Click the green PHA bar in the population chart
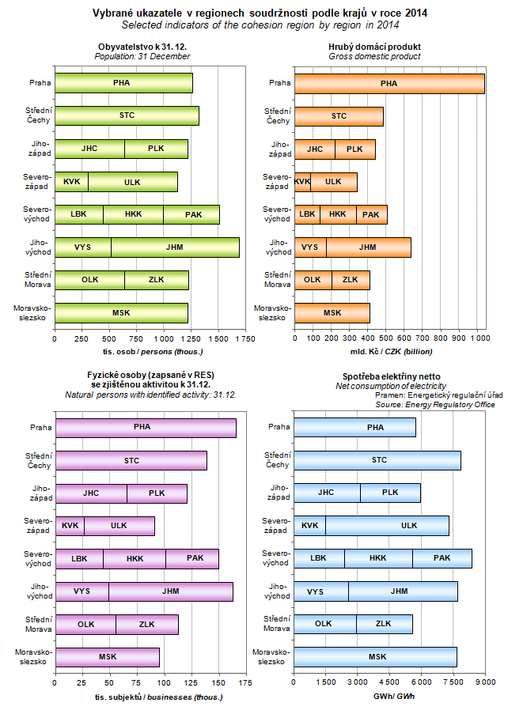coord(123,83)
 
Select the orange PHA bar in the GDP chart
coord(389,83)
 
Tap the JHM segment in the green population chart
coord(175,247)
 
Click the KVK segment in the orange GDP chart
coord(301,182)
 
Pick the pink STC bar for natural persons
coord(131,460)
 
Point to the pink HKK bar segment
coord(134,558)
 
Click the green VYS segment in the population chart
coord(82,247)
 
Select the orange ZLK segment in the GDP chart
coord(350,279)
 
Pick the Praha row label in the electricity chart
coord(279,428)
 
